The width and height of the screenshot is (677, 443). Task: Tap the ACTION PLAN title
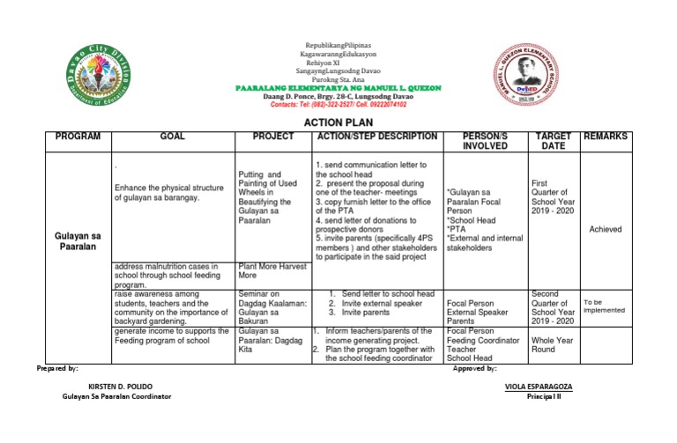pyautogui.click(x=338, y=122)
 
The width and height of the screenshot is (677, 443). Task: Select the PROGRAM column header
pyautogui.click(x=78, y=137)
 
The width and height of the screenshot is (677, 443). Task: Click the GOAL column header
pyautogui.click(x=172, y=137)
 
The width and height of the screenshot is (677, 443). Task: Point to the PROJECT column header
pyautogui.click(x=272, y=137)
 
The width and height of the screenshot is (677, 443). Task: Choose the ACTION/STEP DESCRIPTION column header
pyautogui.click(x=376, y=137)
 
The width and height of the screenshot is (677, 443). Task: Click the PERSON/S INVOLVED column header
pyautogui.click(x=485, y=142)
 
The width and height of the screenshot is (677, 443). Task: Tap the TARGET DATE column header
pyautogui.click(x=553, y=142)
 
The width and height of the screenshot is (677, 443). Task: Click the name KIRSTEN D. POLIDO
pyautogui.click(x=123, y=387)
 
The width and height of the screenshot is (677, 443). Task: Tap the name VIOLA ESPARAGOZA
pyautogui.click(x=538, y=387)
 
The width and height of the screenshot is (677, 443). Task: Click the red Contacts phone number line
pyautogui.click(x=338, y=104)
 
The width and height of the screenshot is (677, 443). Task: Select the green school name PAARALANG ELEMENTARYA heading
pyautogui.click(x=338, y=88)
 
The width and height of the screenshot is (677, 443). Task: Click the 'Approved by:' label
pyautogui.click(x=475, y=368)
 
